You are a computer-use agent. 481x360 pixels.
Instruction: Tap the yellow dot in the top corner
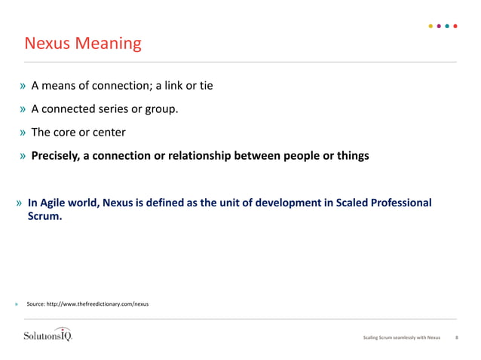pyautogui.click(x=430, y=26)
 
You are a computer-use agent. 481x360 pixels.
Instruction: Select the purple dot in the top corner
pyautogui.click(x=439, y=26)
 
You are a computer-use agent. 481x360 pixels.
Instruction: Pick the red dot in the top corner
pyautogui.click(x=455, y=26)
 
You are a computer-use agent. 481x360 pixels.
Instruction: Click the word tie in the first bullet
pyautogui.click(x=205, y=86)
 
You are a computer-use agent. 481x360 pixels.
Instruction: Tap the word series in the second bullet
pyautogui.click(x=112, y=109)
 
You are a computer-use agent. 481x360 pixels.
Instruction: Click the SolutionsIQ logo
pyautogui.click(x=47, y=335)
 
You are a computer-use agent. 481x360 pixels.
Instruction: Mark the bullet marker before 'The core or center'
pyautogui.click(x=23, y=133)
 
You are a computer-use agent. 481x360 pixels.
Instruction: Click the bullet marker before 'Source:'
pyautogui.click(x=16, y=304)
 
